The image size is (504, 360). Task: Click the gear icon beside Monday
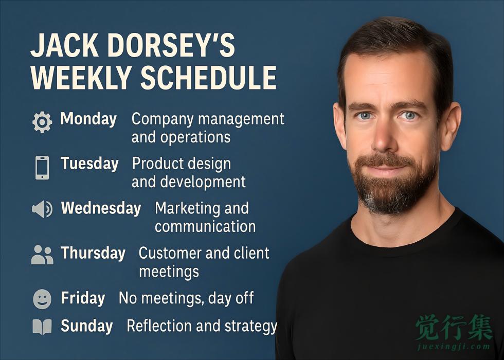click(x=42, y=122)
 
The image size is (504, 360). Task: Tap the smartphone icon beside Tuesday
click(x=42, y=168)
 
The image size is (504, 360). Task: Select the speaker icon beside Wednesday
click(x=42, y=209)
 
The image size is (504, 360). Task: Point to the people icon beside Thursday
click(x=42, y=255)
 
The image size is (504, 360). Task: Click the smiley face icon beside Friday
click(x=42, y=299)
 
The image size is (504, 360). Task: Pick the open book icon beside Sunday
click(x=42, y=327)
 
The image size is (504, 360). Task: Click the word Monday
click(x=88, y=119)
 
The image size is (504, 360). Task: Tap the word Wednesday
click(x=101, y=208)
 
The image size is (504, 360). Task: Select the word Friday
click(x=83, y=298)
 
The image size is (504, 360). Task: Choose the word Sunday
click(x=87, y=327)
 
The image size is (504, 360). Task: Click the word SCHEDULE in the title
click(x=208, y=78)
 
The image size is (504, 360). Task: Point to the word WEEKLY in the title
click(x=81, y=78)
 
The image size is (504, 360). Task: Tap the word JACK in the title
click(x=65, y=45)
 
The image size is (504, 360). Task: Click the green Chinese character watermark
click(x=454, y=327)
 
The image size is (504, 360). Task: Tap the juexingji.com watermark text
click(x=454, y=347)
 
